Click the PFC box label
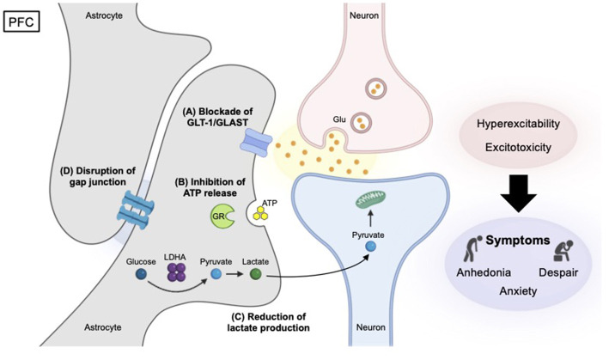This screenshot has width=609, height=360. pyautogui.click(x=21, y=21)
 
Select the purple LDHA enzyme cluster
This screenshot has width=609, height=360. pyautogui.click(x=176, y=272)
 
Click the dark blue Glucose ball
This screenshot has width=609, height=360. pyautogui.click(x=141, y=275)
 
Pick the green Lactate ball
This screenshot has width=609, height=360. pyautogui.click(x=256, y=275)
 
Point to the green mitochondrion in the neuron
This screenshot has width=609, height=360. pyautogui.click(x=370, y=198)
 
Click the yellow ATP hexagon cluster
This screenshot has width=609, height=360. pyautogui.click(x=260, y=213)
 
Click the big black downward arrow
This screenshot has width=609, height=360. pyautogui.click(x=518, y=193)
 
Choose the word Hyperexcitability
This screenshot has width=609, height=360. pyautogui.click(x=518, y=124)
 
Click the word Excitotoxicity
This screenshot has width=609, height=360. pyautogui.click(x=518, y=148)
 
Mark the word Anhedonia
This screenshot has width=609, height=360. pyautogui.click(x=484, y=272)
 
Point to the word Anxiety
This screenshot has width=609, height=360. pyautogui.click(x=518, y=291)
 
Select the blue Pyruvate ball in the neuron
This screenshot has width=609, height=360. pyautogui.click(x=371, y=247)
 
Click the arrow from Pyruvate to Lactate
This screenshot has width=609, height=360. pyautogui.click(x=234, y=274)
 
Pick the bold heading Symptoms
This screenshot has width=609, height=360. pyautogui.click(x=518, y=241)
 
